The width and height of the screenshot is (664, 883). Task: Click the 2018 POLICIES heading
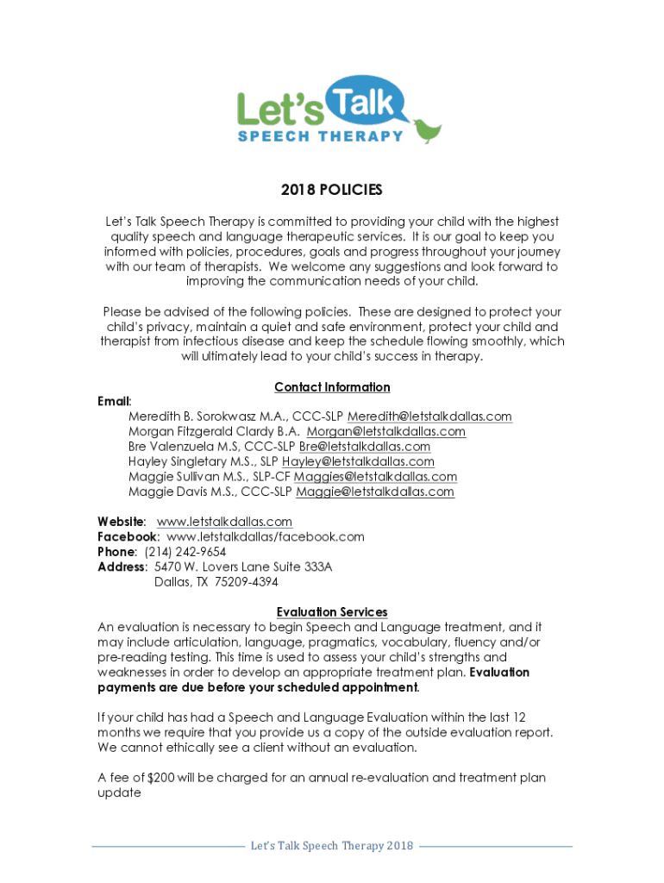click(332, 190)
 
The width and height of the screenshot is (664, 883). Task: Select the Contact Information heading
click(332, 387)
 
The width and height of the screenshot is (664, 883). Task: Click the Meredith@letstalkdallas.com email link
click(429, 416)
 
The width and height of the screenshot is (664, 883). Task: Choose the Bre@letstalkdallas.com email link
click(365, 447)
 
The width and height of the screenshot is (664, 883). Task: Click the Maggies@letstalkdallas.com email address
click(375, 477)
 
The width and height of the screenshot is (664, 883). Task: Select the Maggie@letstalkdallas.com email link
click(375, 492)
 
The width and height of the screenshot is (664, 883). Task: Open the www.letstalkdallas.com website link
click(224, 522)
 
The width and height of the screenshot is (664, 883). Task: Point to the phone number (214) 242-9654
click(185, 552)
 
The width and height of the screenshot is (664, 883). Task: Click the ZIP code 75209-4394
click(247, 582)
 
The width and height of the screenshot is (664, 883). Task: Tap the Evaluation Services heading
click(332, 612)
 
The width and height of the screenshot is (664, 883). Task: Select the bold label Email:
click(115, 402)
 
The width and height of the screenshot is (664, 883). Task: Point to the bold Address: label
click(122, 567)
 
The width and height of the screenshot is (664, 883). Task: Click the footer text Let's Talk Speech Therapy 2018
click(332, 846)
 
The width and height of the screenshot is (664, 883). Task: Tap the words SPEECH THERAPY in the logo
click(320, 135)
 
